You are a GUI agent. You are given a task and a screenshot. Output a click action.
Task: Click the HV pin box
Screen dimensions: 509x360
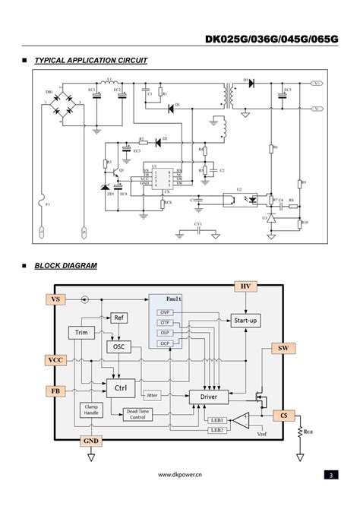245,286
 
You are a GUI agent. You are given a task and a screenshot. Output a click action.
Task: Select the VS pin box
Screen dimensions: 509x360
55,299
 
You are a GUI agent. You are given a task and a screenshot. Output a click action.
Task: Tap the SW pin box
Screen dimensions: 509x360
283,348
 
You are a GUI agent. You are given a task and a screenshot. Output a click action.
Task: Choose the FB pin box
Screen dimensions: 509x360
55,390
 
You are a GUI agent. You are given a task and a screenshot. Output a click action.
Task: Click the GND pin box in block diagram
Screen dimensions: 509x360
90,441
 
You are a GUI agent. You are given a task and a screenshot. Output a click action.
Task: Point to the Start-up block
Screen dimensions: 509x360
245,321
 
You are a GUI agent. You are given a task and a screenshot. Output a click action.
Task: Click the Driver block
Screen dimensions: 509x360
208,397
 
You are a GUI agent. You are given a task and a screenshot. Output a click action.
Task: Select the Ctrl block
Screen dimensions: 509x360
122,388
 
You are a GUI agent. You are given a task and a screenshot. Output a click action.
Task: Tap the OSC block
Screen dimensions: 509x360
118,346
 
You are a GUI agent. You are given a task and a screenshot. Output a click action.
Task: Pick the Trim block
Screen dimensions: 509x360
81,332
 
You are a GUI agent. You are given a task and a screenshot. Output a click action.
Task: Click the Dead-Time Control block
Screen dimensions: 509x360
137,414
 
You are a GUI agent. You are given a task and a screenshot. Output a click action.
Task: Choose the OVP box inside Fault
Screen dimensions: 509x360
165,312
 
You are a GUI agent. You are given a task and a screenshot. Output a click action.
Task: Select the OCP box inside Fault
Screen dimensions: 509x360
165,343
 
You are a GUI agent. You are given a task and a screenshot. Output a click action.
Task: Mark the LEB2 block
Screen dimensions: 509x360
217,431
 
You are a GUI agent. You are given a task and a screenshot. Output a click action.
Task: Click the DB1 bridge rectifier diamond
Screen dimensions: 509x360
60,106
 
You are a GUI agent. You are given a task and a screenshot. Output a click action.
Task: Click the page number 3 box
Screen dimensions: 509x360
330,475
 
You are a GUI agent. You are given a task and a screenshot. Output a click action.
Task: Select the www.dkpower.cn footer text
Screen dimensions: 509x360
179,475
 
